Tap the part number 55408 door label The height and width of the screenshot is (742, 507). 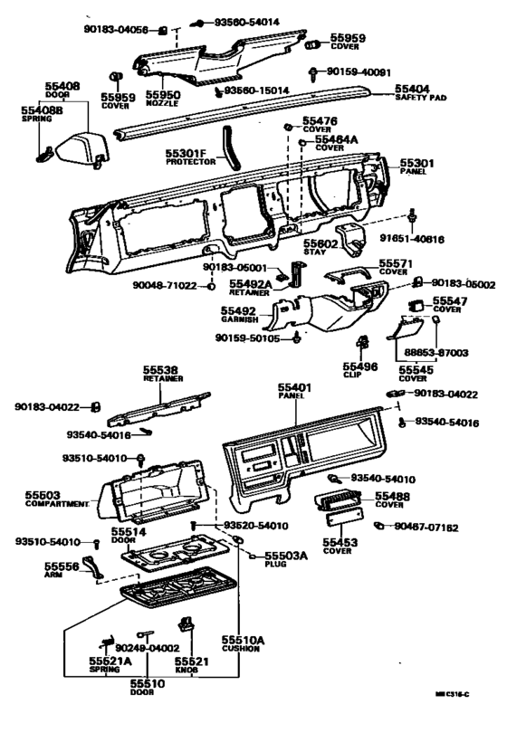[62, 87]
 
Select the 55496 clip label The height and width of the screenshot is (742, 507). [361, 368]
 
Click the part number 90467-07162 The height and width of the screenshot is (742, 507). [426, 527]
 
